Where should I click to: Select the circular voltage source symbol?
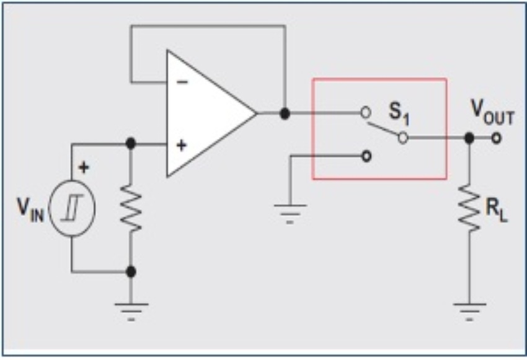(x=72, y=210)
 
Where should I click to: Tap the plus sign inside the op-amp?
(x=181, y=146)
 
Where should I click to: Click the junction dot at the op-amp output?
(x=285, y=113)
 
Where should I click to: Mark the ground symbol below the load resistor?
(x=469, y=309)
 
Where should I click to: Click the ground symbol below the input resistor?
(x=131, y=309)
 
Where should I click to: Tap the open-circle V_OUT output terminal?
(x=495, y=138)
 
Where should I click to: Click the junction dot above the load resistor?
(x=469, y=138)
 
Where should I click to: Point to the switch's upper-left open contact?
(x=366, y=113)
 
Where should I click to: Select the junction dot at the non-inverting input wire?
(x=131, y=144)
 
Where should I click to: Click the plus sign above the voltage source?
(x=84, y=168)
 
